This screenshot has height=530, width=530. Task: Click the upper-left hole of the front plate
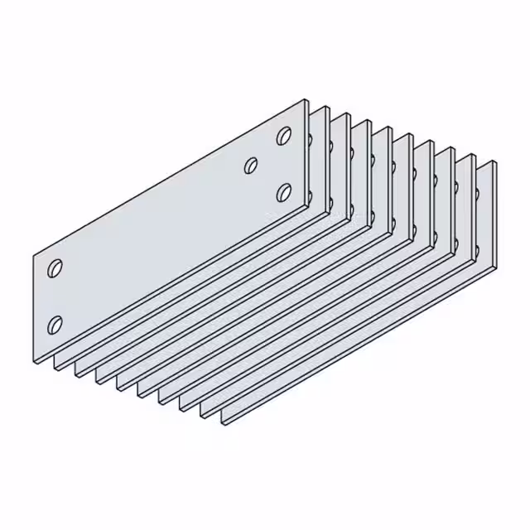[55, 268]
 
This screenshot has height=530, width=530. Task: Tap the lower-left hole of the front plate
[55, 323]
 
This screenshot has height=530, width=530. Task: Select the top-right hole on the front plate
[284, 135]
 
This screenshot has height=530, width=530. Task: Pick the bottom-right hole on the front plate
[284, 192]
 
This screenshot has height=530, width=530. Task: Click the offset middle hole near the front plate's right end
[251, 165]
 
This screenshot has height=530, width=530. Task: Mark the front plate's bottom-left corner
[34, 362]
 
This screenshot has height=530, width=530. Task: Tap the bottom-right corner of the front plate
[306, 208]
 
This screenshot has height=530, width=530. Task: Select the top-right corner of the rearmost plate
[496, 161]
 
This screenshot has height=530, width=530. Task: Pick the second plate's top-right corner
[326, 108]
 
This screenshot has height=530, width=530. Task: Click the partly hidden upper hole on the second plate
[309, 140]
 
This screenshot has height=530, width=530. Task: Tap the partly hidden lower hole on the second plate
[309, 197]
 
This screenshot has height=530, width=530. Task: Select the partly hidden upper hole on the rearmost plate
[479, 195]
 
